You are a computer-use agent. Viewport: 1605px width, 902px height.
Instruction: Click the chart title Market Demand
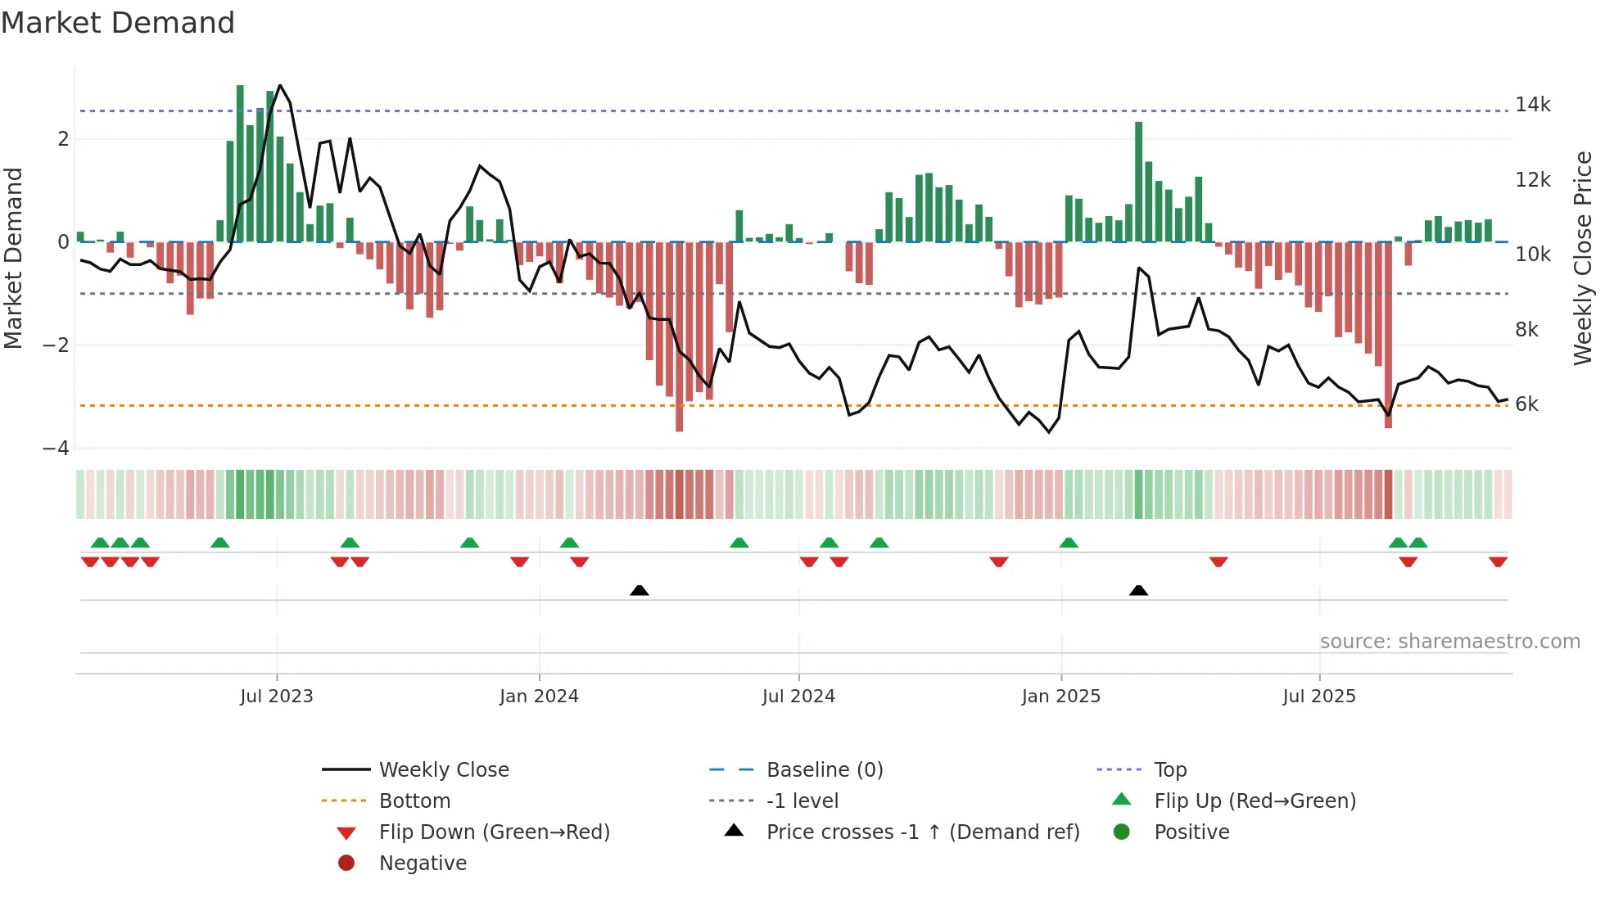[x=118, y=23]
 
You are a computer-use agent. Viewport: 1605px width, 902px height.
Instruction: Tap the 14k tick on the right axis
[x=1532, y=105]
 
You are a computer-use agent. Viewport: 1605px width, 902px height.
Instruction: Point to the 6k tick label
[x=1526, y=404]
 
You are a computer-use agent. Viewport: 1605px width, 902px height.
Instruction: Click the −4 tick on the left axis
[x=56, y=449]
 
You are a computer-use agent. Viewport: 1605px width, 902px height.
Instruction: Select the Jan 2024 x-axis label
[x=539, y=697]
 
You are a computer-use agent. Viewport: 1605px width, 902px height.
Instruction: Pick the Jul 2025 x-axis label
[x=1318, y=697]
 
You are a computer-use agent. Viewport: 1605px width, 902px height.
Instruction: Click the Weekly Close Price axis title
[x=1582, y=258]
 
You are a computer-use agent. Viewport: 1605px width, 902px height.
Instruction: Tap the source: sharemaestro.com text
[x=1449, y=642]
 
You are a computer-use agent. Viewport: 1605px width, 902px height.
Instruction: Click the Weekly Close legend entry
[x=443, y=770]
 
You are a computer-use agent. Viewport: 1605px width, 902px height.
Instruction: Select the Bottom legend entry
[x=414, y=801]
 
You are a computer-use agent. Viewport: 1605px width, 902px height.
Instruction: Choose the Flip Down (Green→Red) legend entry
[x=494, y=832]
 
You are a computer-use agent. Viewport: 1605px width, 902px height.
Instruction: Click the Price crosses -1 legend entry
[x=922, y=832]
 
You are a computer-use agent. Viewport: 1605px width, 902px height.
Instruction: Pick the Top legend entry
[x=1169, y=770]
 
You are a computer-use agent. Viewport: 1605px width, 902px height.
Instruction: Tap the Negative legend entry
[x=423, y=864]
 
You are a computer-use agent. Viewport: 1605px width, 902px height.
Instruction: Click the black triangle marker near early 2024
[x=640, y=590]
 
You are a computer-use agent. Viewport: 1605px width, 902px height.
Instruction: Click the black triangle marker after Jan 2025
[x=1138, y=590]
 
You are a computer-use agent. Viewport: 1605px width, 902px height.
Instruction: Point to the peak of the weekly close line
[x=280, y=86]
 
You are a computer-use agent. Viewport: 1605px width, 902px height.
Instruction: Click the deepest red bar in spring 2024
[x=679, y=336]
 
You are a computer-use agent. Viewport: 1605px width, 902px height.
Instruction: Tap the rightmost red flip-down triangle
[x=1498, y=561]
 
